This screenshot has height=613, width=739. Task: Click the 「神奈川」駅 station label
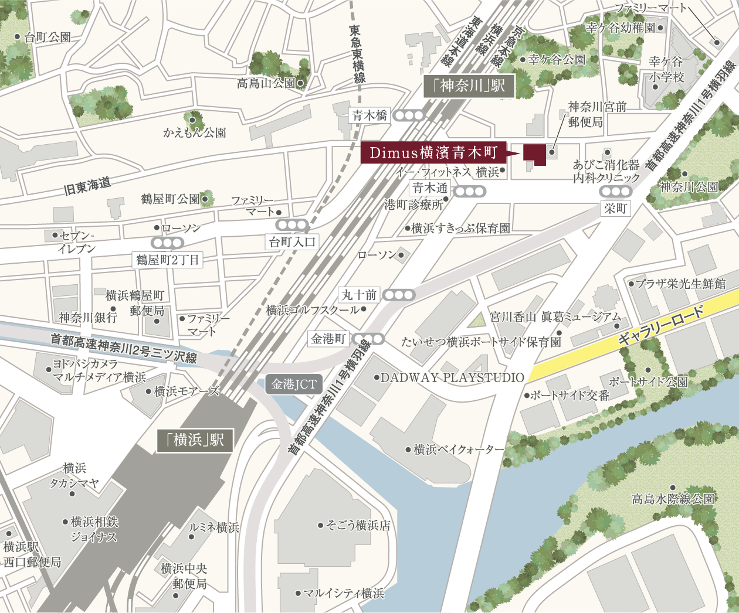[469, 87]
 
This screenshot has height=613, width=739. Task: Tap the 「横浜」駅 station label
[195, 440]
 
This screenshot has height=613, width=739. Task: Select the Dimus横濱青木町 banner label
[433, 153]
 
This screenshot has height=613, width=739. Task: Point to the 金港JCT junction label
[294, 384]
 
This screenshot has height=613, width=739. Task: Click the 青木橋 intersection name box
[369, 115]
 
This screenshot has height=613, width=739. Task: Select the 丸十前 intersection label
[360, 295]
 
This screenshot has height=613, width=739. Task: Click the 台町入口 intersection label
[292, 241]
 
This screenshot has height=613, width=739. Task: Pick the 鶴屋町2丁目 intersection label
[168, 259]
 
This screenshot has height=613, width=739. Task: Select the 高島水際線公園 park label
[673, 499]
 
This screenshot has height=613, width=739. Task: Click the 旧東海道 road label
[87, 186]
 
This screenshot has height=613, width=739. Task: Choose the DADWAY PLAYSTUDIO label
[452, 377]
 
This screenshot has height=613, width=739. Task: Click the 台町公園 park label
[48, 38]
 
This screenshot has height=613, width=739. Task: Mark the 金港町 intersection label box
[328, 339]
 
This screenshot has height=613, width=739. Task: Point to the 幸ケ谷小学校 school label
[666, 69]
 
